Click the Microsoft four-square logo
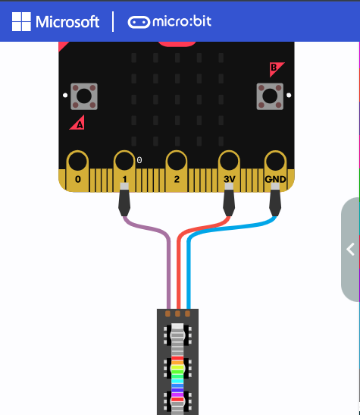21,22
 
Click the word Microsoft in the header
67,22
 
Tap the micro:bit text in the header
182,21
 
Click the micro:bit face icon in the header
139,22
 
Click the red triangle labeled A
78,124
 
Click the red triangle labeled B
275,68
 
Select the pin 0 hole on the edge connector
78,161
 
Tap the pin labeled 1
124,179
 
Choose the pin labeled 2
177,179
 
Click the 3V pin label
229,179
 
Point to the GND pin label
275,179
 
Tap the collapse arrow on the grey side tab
351,250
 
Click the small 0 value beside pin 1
139,160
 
